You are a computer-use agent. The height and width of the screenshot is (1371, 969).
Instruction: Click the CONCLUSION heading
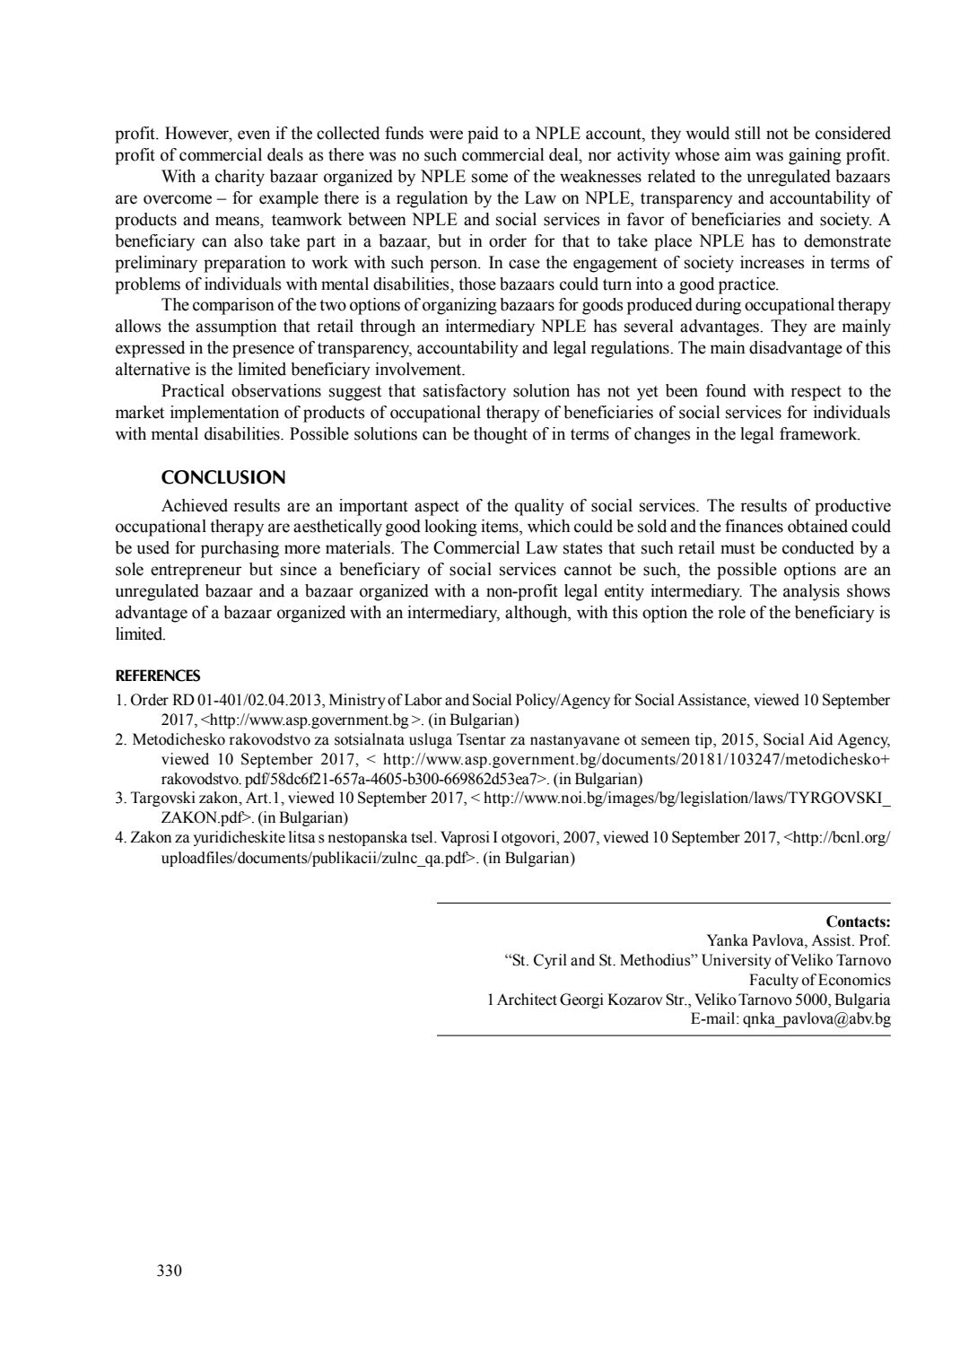coord(223,477)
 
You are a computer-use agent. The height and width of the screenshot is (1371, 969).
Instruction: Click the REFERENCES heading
coord(158,676)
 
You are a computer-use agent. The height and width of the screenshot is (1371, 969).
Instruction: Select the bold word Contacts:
coord(858,921)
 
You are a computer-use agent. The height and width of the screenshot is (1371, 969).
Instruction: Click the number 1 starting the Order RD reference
coord(120,700)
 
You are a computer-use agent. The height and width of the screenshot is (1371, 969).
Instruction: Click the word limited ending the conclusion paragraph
coord(141,634)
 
